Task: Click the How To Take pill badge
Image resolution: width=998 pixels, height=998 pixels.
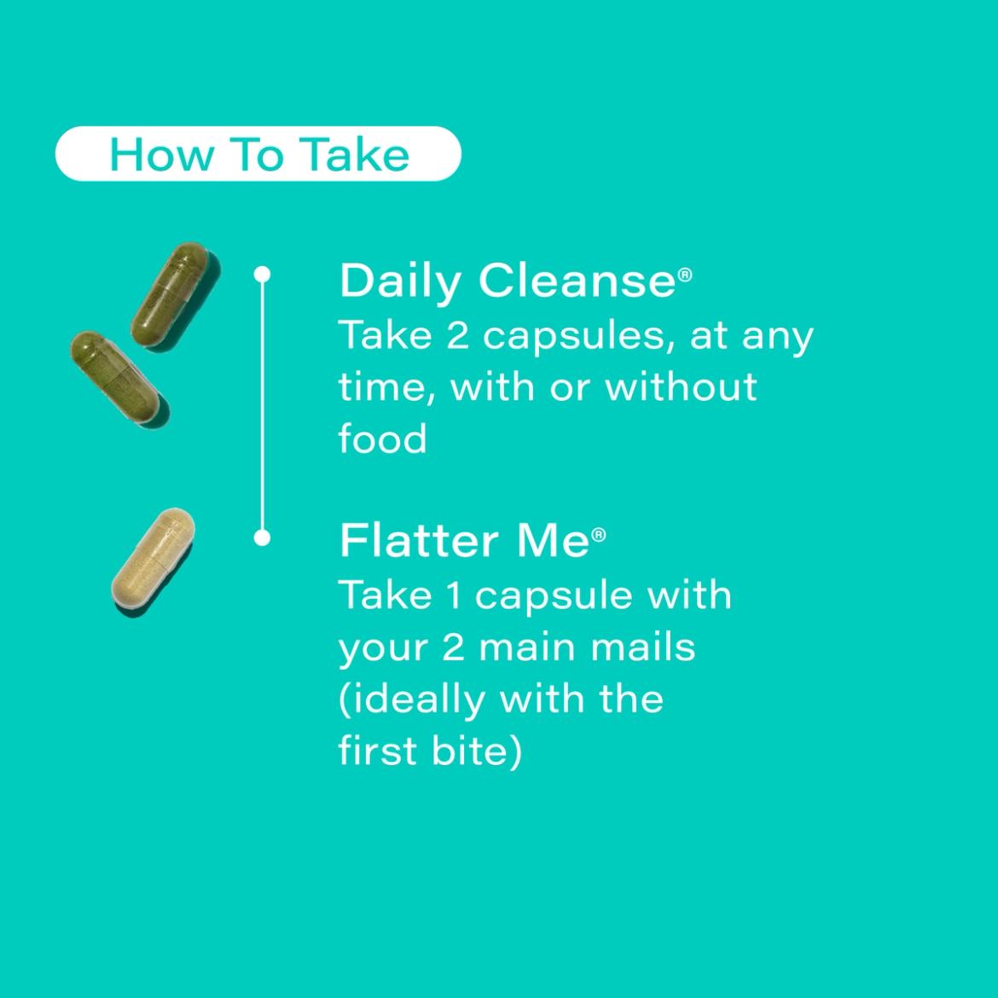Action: click(x=258, y=154)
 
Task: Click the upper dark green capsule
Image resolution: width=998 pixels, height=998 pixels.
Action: click(x=174, y=294)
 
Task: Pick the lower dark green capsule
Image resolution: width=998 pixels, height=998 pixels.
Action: click(x=119, y=378)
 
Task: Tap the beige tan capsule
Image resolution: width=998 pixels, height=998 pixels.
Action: click(x=153, y=560)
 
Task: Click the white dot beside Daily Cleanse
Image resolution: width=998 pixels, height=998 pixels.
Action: click(x=262, y=275)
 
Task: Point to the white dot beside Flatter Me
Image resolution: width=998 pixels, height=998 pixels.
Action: click(x=262, y=538)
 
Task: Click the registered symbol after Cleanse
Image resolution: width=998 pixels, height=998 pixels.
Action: click(x=685, y=275)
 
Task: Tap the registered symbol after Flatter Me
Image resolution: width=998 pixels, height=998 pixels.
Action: click(x=598, y=535)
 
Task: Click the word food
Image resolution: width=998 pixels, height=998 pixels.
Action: click(x=382, y=438)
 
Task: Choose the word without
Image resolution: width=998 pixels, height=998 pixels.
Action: click(x=681, y=386)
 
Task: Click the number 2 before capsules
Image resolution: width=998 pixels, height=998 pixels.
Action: click(x=457, y=335)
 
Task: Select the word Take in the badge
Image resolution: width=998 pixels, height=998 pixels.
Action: click(x=355, y=154)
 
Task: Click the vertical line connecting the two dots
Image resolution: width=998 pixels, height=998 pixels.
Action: click(x=262, y=406)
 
